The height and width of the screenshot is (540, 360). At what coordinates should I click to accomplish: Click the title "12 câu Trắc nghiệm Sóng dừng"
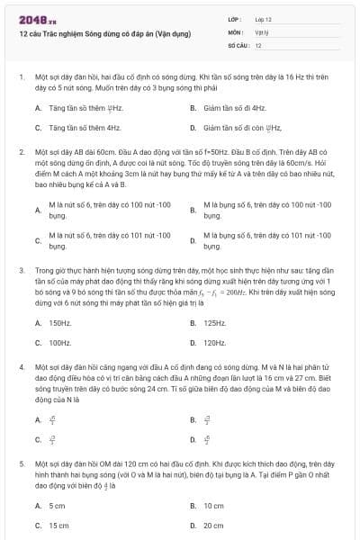(x=104, y=34)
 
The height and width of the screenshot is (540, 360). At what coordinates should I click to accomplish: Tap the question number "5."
(x=21, y=463)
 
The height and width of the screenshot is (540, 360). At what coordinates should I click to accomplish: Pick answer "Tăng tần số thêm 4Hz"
(x=85, y=129)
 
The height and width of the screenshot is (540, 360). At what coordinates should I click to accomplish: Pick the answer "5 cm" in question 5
(x=57, y=506)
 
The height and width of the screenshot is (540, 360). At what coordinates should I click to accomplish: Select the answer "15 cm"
(x=58, y=526)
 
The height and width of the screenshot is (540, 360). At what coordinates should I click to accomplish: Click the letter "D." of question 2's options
(x=193, y=240)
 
